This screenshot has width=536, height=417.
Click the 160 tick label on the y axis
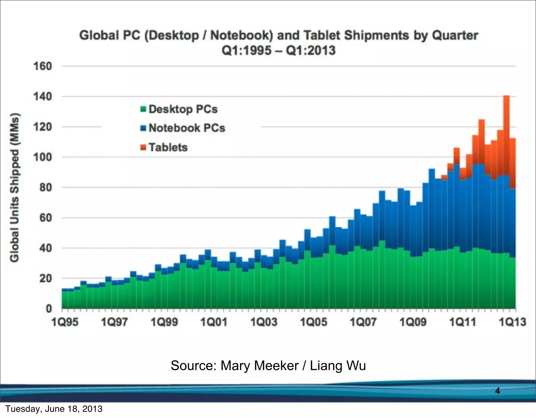[x=43, y=66]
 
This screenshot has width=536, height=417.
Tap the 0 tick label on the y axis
[x=49, y=309]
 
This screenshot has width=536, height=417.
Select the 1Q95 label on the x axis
[x=65, y=322]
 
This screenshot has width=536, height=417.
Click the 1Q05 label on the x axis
[x=314, y=322]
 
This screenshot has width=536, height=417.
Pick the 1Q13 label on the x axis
[x=512, y=322]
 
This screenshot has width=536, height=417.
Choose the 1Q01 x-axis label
[x=214, y=322]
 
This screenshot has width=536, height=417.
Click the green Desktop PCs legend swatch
[x=143, y=109]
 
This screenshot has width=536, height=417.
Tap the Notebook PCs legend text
[x=187, y=128]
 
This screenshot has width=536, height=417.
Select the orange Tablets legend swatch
[x=143, y=147]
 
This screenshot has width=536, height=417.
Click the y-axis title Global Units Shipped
[x=15, y=187]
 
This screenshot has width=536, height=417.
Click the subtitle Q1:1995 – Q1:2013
[x=278, y=50]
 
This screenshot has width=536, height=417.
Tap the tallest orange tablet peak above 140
[x=506, y=99]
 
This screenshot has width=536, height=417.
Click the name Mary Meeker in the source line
[x=259, y=366]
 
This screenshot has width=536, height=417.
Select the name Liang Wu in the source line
[x=338, y=366]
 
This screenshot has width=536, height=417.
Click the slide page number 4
[x=498, y=391]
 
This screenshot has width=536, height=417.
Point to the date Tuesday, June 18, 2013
[x=54, y=409]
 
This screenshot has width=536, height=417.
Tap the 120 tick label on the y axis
[x=43, y=127]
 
